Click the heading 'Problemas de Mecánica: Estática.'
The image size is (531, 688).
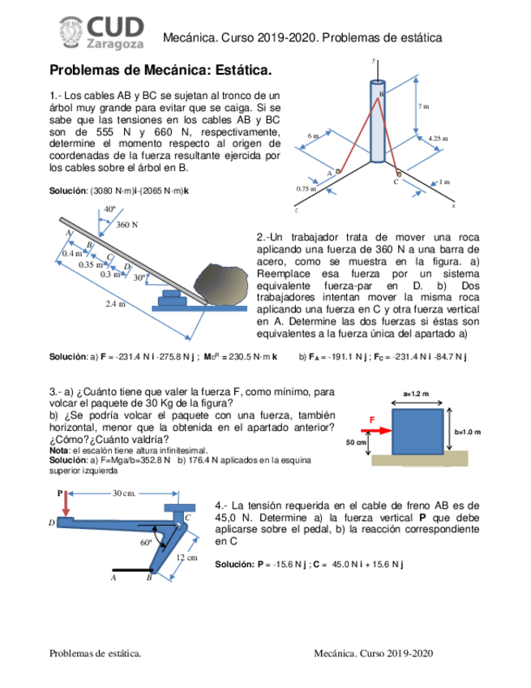pos(161,72)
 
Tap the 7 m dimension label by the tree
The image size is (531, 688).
pos(423,106)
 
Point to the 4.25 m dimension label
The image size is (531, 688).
pos(438,139)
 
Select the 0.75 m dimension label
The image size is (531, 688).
pos(306,188)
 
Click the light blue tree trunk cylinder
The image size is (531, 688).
pos(378,122)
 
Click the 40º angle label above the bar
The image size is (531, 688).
pos(109,209)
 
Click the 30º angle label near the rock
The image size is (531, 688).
pos(139,277)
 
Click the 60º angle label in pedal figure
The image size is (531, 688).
pos(146,542)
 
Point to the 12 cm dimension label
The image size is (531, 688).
pos(186,558)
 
